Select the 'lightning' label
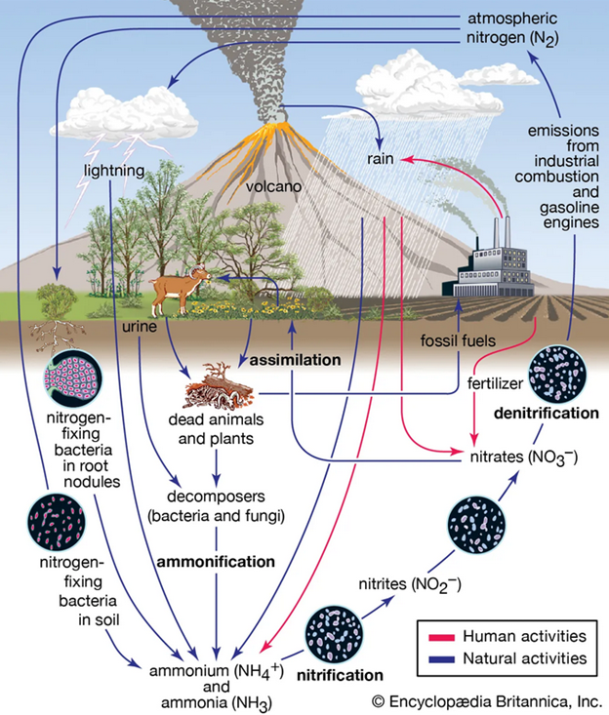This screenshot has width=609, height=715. [113, 170]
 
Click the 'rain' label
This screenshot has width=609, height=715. [380, 157]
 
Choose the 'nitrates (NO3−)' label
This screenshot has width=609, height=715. [512, 454]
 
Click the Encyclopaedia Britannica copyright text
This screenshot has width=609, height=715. [485, 699]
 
